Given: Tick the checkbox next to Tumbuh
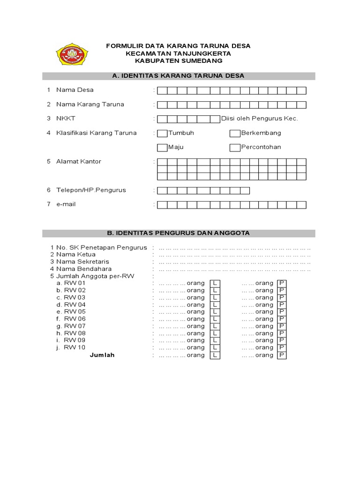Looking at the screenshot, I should [162, 133].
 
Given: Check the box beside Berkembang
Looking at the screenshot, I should [235, 133].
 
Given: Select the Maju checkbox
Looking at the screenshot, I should [162, 148].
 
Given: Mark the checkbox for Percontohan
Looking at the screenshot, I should [235, 148].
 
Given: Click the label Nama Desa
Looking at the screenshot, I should [75, 90].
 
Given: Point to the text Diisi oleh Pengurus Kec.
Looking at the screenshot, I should [259, 119].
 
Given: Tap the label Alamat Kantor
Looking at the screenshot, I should [78, 162].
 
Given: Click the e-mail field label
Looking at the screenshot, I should [66, 204].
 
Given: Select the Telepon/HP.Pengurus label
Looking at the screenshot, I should [91, 190].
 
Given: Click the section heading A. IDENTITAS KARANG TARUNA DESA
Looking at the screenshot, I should [179, 76].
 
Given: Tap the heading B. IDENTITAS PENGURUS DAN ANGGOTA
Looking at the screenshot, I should [179, 233].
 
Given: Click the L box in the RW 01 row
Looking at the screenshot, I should [215, 284].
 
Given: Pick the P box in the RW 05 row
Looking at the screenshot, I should [282, 312].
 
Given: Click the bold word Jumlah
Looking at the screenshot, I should [102, 355].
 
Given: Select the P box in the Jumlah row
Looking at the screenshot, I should [282, 355].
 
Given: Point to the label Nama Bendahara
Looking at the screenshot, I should [84, 269].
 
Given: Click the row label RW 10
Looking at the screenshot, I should [75, 348].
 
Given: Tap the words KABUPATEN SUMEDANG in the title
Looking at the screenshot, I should [179, 61].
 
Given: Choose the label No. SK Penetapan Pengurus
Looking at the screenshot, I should [101, 247].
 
